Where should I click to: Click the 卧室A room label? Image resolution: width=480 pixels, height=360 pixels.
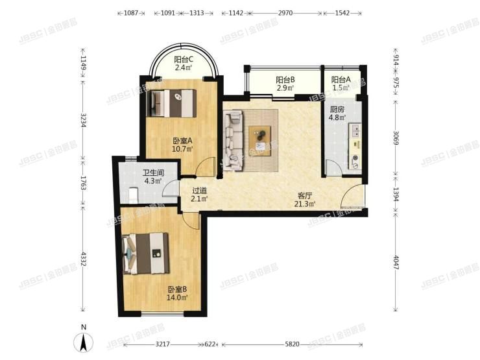click(181, 144)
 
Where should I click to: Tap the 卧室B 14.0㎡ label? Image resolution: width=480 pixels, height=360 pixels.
click(177, 293)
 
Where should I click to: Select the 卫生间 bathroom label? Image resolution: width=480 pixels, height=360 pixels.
click(153, 177)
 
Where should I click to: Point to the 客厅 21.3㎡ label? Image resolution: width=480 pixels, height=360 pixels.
click(306, 199)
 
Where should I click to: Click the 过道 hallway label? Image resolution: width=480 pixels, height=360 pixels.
click(200, 195)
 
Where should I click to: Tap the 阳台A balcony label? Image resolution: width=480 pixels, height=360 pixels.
click(340, 84)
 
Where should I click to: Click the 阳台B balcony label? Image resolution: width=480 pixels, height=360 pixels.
click(286, 84)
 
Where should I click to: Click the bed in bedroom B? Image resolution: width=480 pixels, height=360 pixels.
click(147, 249)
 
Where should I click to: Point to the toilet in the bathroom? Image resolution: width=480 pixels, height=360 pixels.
click(133, 193)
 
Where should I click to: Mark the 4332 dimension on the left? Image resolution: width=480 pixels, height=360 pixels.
click(83, 259)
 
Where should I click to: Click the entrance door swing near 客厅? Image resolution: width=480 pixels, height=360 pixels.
click(354, 197)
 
